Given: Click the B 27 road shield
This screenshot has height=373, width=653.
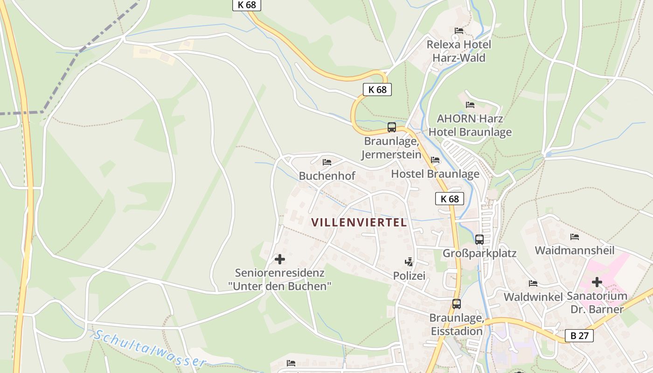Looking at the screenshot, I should pyautogui.click(x=579, y=336).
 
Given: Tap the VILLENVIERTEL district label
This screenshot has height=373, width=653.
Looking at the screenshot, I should pyautogui.click(x=359, y=222).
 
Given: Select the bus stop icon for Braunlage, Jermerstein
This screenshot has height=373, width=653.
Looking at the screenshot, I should pyautogui.click(x=392, y=127).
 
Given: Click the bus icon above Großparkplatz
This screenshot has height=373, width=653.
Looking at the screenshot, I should pyautogui.click(x=479, y=240).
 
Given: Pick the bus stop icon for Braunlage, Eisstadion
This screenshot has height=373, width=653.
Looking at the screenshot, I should pyautogui.click(x=456, y=304).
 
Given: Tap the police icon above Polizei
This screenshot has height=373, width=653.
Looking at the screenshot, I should pyautogui.click(x=409, y=262).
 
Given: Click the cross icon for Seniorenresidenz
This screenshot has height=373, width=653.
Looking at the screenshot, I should pyautogui.click(x=280, y=259).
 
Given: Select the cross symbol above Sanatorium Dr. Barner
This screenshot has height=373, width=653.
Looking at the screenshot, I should pyautogui.click(x=597, y=282).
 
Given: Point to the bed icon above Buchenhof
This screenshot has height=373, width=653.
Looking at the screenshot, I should pyautogui.click(x=327, y=162).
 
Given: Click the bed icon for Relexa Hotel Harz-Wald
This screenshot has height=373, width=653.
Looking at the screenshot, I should pyautogui.click(x=459, y=31).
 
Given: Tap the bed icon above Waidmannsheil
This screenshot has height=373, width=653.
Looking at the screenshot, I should pyautogui.click(x=575, y=237).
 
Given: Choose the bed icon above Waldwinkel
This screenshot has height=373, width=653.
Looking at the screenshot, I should pyautogui.click(x=533, y=283).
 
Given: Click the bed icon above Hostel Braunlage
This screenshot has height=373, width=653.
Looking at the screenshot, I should pyautogui.click(x=435, y=160).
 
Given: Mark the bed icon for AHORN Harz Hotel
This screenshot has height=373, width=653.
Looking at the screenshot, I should pyautogui.click(x=470, y=105).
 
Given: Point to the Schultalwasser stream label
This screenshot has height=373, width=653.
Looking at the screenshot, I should pyautogui.click(x=149, y=348).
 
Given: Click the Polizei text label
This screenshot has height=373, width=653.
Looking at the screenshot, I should pyautogui.click(x=409, y=276).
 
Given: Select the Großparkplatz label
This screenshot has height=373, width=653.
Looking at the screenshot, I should pyautogui.click(x=479, y=254).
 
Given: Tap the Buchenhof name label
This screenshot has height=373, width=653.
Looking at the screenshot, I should pyautogui.click(x=327, y=176).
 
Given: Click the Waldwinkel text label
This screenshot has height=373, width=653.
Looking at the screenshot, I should pyautogui.click(x=533, y=297).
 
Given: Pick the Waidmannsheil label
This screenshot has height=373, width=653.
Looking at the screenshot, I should pyautogui.click(x=575, y=251).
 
